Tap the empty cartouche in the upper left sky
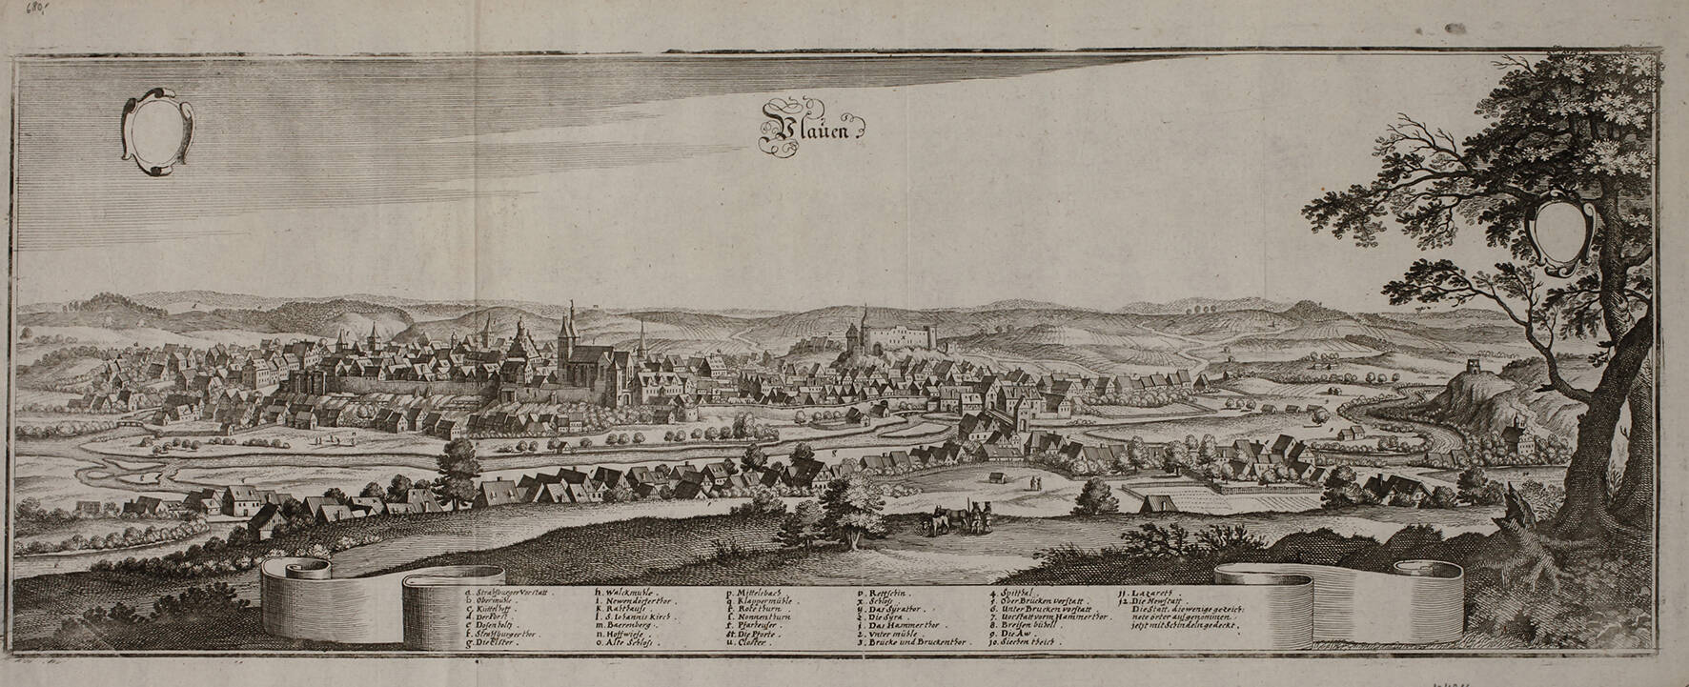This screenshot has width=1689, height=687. click(158, 131)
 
